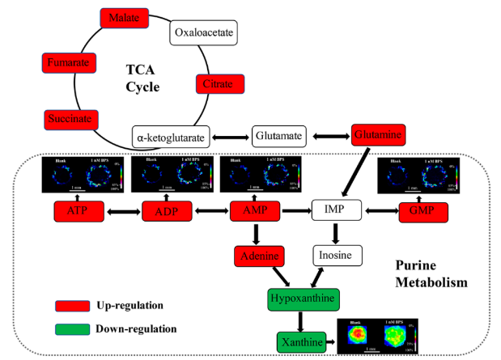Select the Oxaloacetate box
203,33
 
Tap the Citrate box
219,83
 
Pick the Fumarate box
69,62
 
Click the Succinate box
69,120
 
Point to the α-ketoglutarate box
171,136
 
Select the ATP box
79,213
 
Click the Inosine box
337,257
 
